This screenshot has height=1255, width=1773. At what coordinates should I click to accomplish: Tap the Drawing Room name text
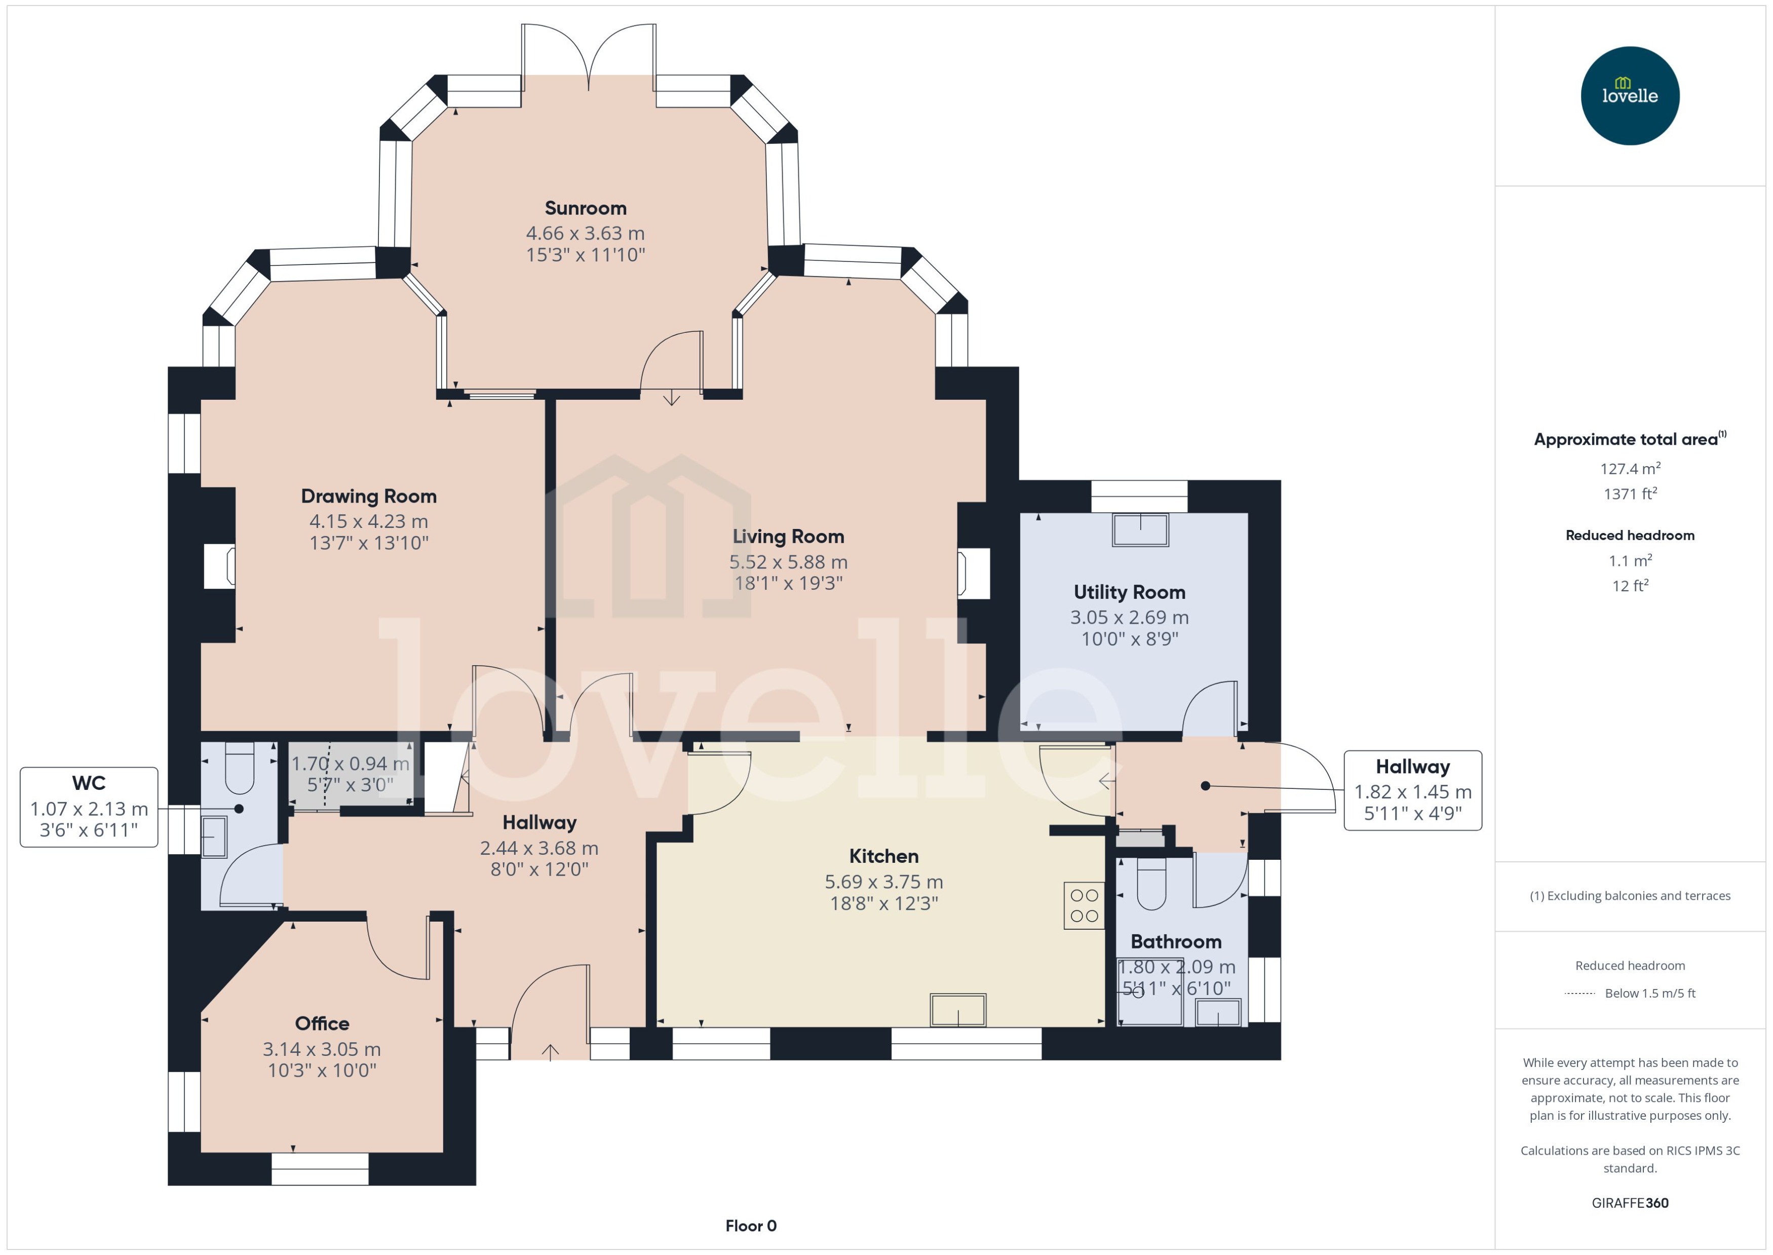point(368,496)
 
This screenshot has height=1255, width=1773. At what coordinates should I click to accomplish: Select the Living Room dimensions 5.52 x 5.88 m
point(788,562)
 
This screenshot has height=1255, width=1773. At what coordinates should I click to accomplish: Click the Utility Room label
point(1129,592)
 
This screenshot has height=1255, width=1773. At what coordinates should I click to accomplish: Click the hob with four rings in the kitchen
point(1084,906)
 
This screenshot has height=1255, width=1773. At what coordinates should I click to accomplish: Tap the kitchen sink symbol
point(957,1010)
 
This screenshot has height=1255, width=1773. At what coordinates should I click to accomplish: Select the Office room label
point(322,1023)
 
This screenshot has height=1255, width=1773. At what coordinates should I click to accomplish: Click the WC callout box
point(89,807)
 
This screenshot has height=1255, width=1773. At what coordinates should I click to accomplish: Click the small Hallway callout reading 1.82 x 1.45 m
point(1412,790)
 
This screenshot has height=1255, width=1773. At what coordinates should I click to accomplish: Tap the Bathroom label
point(1176,941)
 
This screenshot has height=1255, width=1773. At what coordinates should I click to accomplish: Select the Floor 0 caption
point(750,1226)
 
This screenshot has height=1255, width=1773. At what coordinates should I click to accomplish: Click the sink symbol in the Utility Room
point(1140,530)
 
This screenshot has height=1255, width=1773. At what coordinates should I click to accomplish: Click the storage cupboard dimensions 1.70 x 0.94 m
point(350,764)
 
